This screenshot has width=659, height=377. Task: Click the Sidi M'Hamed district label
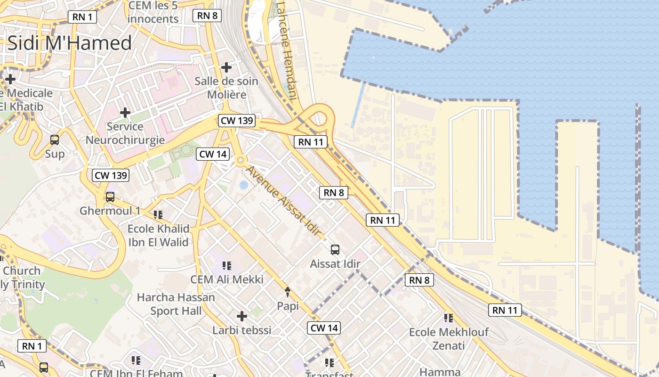[70, 43]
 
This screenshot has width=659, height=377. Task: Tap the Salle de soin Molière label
[226, 88]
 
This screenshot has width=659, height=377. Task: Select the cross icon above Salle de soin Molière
[226, 67]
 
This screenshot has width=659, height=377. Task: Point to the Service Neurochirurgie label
[125, 133]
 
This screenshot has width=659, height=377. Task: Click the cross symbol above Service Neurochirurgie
[125, 113]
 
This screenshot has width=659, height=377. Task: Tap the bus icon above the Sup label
[55, 140]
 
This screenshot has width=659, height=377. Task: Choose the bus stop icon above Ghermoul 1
[110, 197]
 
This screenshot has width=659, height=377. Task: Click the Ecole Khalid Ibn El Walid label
[159, 235]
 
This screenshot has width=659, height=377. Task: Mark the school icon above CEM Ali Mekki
[227, 266]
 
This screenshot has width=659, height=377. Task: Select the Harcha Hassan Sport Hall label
[176, 304]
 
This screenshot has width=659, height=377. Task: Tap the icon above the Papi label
[288, 292]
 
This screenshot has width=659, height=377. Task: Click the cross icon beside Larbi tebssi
[242, 316]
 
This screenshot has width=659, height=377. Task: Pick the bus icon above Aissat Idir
[335, 250]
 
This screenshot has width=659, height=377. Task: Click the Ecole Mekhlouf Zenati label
[449, 339]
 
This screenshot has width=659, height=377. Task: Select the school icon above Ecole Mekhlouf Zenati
[449, 318]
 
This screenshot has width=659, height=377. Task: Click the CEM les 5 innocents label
[153, 12]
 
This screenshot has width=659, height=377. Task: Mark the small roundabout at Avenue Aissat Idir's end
[241, 161]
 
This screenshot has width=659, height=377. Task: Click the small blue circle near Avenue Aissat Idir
[243, 185]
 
